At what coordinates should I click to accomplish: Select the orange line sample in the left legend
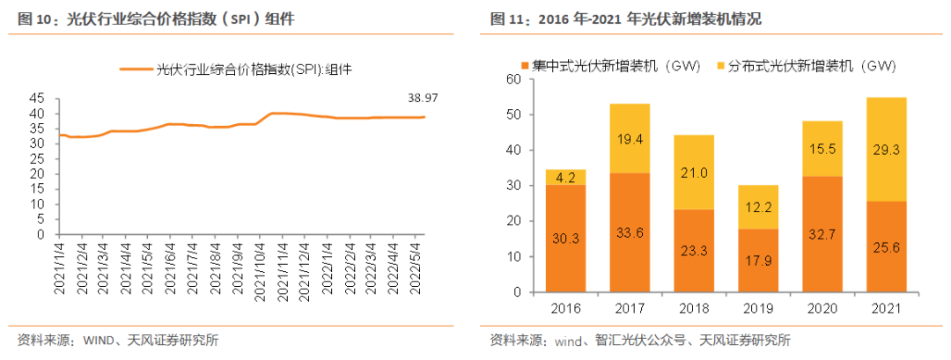(x=136, y=68)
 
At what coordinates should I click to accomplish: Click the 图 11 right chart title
(x=624, y=18)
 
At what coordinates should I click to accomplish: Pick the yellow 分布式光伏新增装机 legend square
(x=722, y=66)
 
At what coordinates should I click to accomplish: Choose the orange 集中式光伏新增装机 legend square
(x=526, y=66)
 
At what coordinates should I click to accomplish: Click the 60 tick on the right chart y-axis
(x=516, y=79)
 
